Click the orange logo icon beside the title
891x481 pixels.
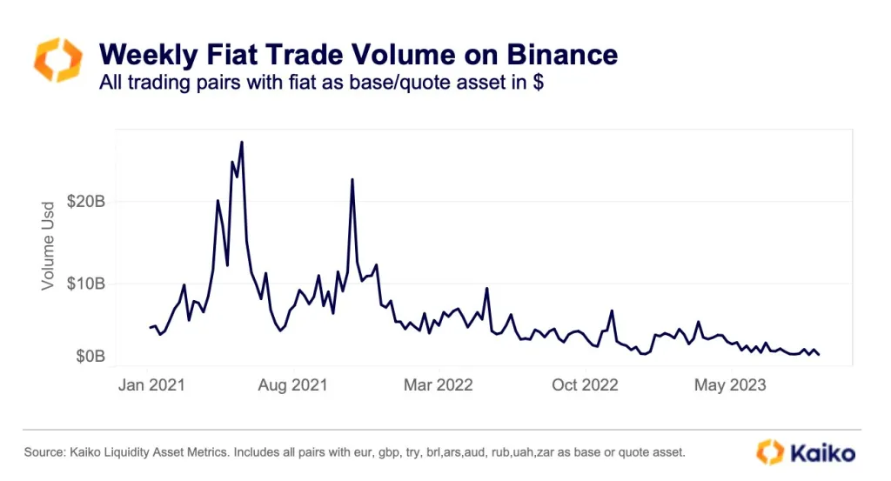pyautogui.click(x=57, y=59)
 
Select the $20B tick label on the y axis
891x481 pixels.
pyautogui.click(x=86, y=202)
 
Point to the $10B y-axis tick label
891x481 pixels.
pyautogui.click(x=86, y=284)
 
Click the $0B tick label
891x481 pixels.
pyautogui.click(x=90, y=357)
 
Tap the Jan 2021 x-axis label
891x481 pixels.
pyautogui.click(x=151, y=384)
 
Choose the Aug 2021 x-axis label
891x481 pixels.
pyautogui.click(x=294, y=384)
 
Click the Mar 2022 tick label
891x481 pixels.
pyautogui.click(x=439, y=384)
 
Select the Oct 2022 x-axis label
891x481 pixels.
pyautogui.click(x=585, y=384)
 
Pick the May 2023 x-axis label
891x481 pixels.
pyautogui.click(x=731, y=384)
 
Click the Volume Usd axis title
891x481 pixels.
pyautogui.click(x=48, y=244)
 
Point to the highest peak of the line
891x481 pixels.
pyautogui.click(x=241, y=142)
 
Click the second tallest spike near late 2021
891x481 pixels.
pyautogui.click(x=352, y=179)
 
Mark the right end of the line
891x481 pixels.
pyautogui.click(x=819, y=354)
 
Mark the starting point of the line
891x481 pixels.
pyautogui.click(x=150, y=328)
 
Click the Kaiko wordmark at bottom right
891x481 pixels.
pyautogui.click(x=822, y=452)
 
